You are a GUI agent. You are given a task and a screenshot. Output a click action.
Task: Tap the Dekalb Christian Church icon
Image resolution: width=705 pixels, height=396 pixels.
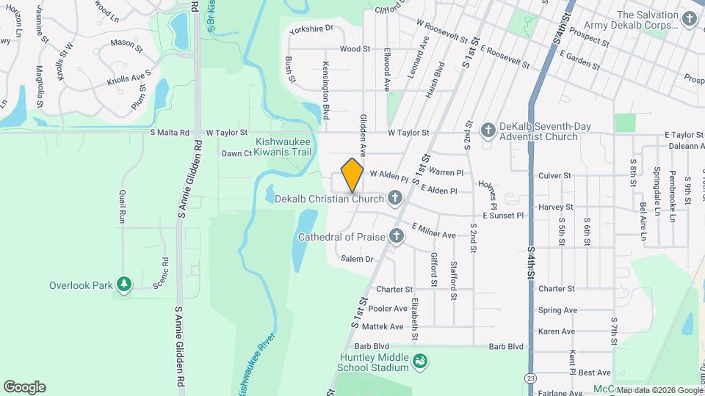[394, 198]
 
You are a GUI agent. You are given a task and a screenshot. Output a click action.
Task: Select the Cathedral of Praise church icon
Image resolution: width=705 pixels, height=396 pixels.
[397, 236]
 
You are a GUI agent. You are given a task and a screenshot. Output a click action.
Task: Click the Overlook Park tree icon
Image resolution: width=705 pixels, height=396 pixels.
[124, 285]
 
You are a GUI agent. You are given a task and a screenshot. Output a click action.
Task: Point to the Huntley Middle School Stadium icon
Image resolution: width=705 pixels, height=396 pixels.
[419, 361]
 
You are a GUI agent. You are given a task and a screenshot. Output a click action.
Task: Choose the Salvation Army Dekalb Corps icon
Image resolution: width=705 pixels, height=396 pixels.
[688, 18]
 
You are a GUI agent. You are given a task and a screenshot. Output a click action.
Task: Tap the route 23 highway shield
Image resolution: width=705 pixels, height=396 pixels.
[530, 377]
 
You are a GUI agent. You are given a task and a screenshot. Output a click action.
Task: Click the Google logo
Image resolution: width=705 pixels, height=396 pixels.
[24, 386]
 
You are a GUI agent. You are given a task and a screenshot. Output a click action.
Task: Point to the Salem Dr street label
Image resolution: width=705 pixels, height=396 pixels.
[355, 259]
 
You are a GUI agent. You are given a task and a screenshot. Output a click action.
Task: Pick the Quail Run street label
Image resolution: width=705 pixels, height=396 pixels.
[123, 206]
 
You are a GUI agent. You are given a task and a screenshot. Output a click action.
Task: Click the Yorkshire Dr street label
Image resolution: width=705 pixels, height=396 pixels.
[311, 28]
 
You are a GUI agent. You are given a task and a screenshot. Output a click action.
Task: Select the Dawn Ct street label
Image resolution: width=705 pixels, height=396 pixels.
[237, 153]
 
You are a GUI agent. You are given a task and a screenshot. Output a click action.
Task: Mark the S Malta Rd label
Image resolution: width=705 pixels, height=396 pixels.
[170, 133]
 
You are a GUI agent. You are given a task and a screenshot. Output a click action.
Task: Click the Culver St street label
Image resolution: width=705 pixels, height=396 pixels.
[554, 176]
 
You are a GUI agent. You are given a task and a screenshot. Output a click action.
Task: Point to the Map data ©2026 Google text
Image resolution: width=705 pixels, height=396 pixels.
[659, 389]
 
